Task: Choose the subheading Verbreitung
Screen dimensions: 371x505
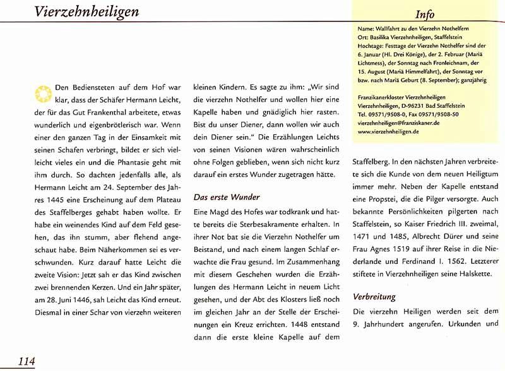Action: pyautogui.click(x=374, y=295)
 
